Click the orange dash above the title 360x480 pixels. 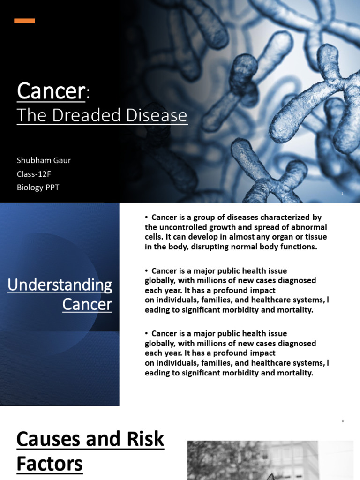[24, 20]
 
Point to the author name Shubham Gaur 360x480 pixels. [44, 160]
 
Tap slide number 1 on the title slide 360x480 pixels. [342, 194]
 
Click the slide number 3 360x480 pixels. [342, 421]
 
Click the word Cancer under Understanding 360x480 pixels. [87, 305]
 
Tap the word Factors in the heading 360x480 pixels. [50, 464]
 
